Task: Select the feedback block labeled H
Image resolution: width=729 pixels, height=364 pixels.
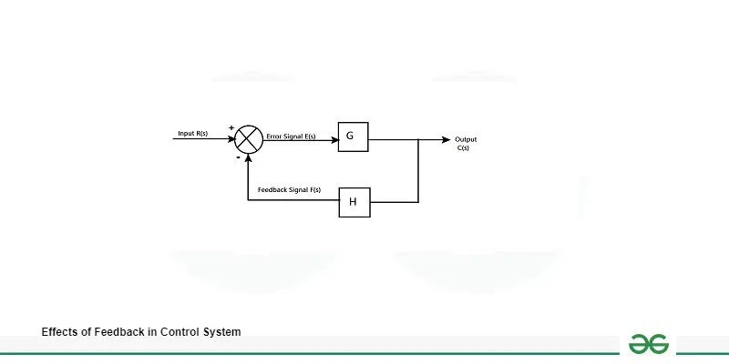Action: [354, 201]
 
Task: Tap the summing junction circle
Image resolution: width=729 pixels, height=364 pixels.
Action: [248, 139]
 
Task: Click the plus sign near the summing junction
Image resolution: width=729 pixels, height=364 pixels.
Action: [231, 127]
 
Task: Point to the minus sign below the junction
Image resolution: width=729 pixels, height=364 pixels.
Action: [238, 157]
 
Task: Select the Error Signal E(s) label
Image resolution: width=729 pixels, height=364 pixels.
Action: [291, 136]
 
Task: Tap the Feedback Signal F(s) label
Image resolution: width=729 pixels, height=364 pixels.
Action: [289, 189]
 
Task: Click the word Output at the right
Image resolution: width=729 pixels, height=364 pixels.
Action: [466, 139]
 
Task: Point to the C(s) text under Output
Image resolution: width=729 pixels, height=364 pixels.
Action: [464, 147]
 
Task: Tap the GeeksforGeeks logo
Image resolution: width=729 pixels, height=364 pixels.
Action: [647, 343]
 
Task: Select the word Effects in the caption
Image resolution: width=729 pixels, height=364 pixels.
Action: [60, 332]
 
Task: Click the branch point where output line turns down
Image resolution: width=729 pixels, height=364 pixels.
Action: [417, 139]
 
